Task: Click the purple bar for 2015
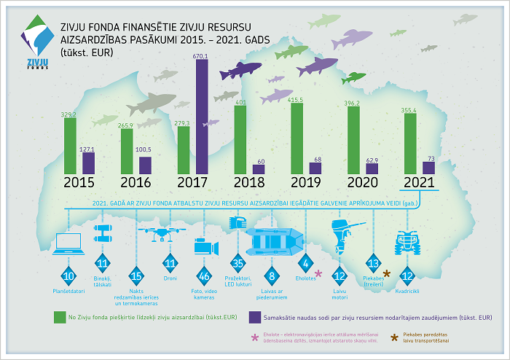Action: tap(88, 163)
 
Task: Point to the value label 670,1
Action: tap(201, 55)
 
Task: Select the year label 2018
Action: tap(248, 183)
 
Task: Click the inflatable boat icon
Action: tap(272, 240)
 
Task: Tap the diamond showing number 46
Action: tap(205, 276)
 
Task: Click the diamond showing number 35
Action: tap(238, 263)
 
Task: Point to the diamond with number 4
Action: tap(306, 263)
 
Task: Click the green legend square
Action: tap(60, 318)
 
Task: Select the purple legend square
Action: tap(255, 318)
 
